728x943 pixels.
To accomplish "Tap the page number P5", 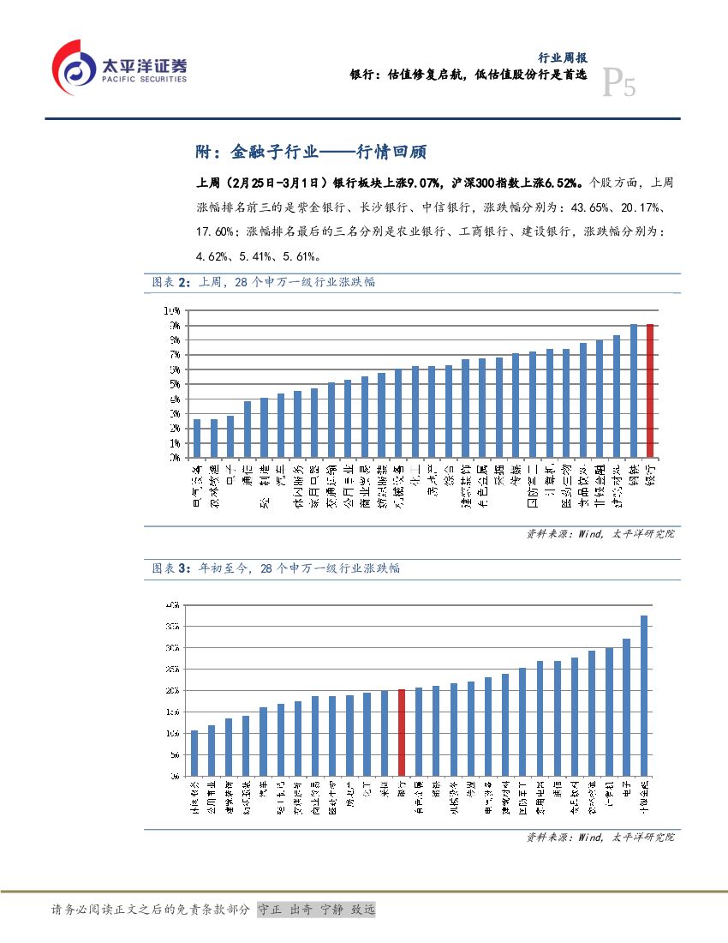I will click(x=619, y=84).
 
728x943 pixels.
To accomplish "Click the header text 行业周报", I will click(x=562, y=58).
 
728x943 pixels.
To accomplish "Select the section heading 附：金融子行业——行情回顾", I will click(x=311, y=153).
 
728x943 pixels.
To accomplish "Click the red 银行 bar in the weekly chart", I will click(x=651, y=391).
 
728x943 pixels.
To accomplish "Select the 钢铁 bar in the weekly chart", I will click(x=634, y=391).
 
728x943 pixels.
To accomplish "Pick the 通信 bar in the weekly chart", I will click(x=248, y=429).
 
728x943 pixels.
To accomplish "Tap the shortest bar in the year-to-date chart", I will click(x=194, y=754).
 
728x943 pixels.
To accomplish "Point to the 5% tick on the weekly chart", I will click(x=173, y=384).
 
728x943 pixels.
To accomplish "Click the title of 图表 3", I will click(x=276, y=568).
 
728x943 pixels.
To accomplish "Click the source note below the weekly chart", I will click(x=600, y=533).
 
